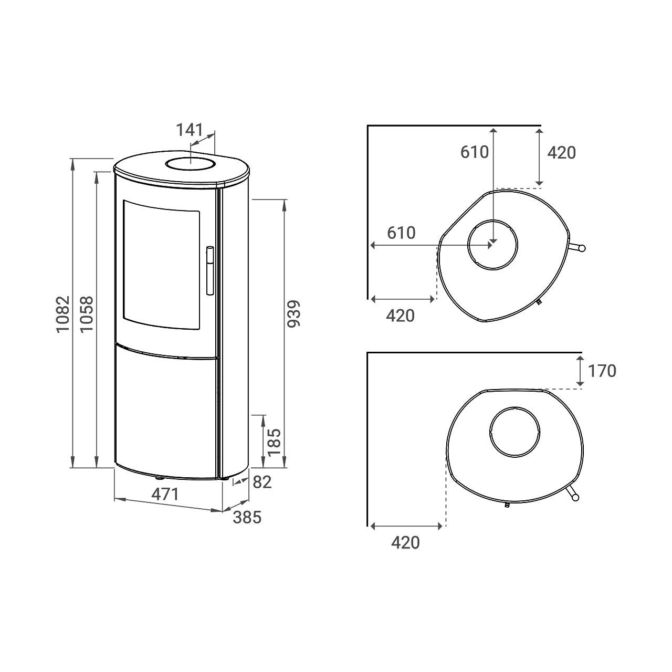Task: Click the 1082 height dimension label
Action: (x=64, y=314)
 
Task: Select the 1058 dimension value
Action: (x=87, y=314)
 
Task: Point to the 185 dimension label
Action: (x=274, y=442)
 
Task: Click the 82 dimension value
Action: (x=262, y=482)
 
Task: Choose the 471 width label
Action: (x=165, y=494)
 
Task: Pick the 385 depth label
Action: (x=247, y=518)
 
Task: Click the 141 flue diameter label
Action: (x=190, y=130)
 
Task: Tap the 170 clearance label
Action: (x=602, y=371)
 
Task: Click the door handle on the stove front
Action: (x=210, y=270)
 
